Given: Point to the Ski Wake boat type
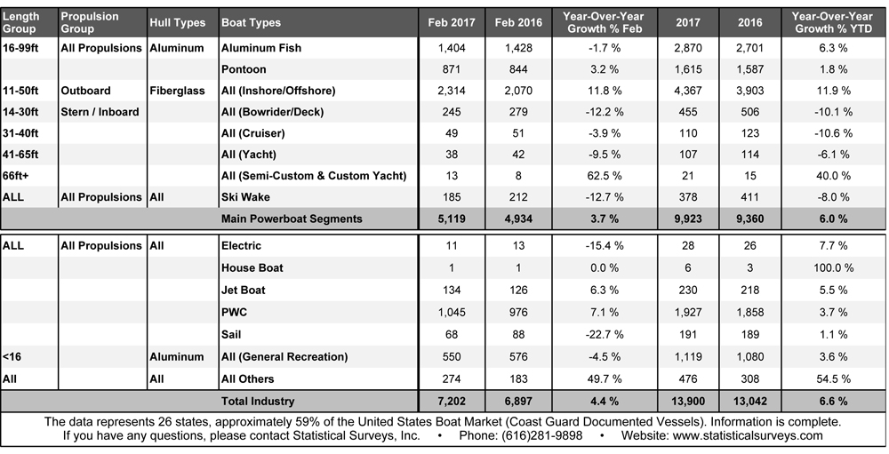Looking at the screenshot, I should (245, 196).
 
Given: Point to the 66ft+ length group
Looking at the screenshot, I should (18, 175).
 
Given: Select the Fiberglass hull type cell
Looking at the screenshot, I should (177, 90).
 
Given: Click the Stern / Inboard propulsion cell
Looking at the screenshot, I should (98, 112).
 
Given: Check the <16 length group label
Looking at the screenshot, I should (13, 356).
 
